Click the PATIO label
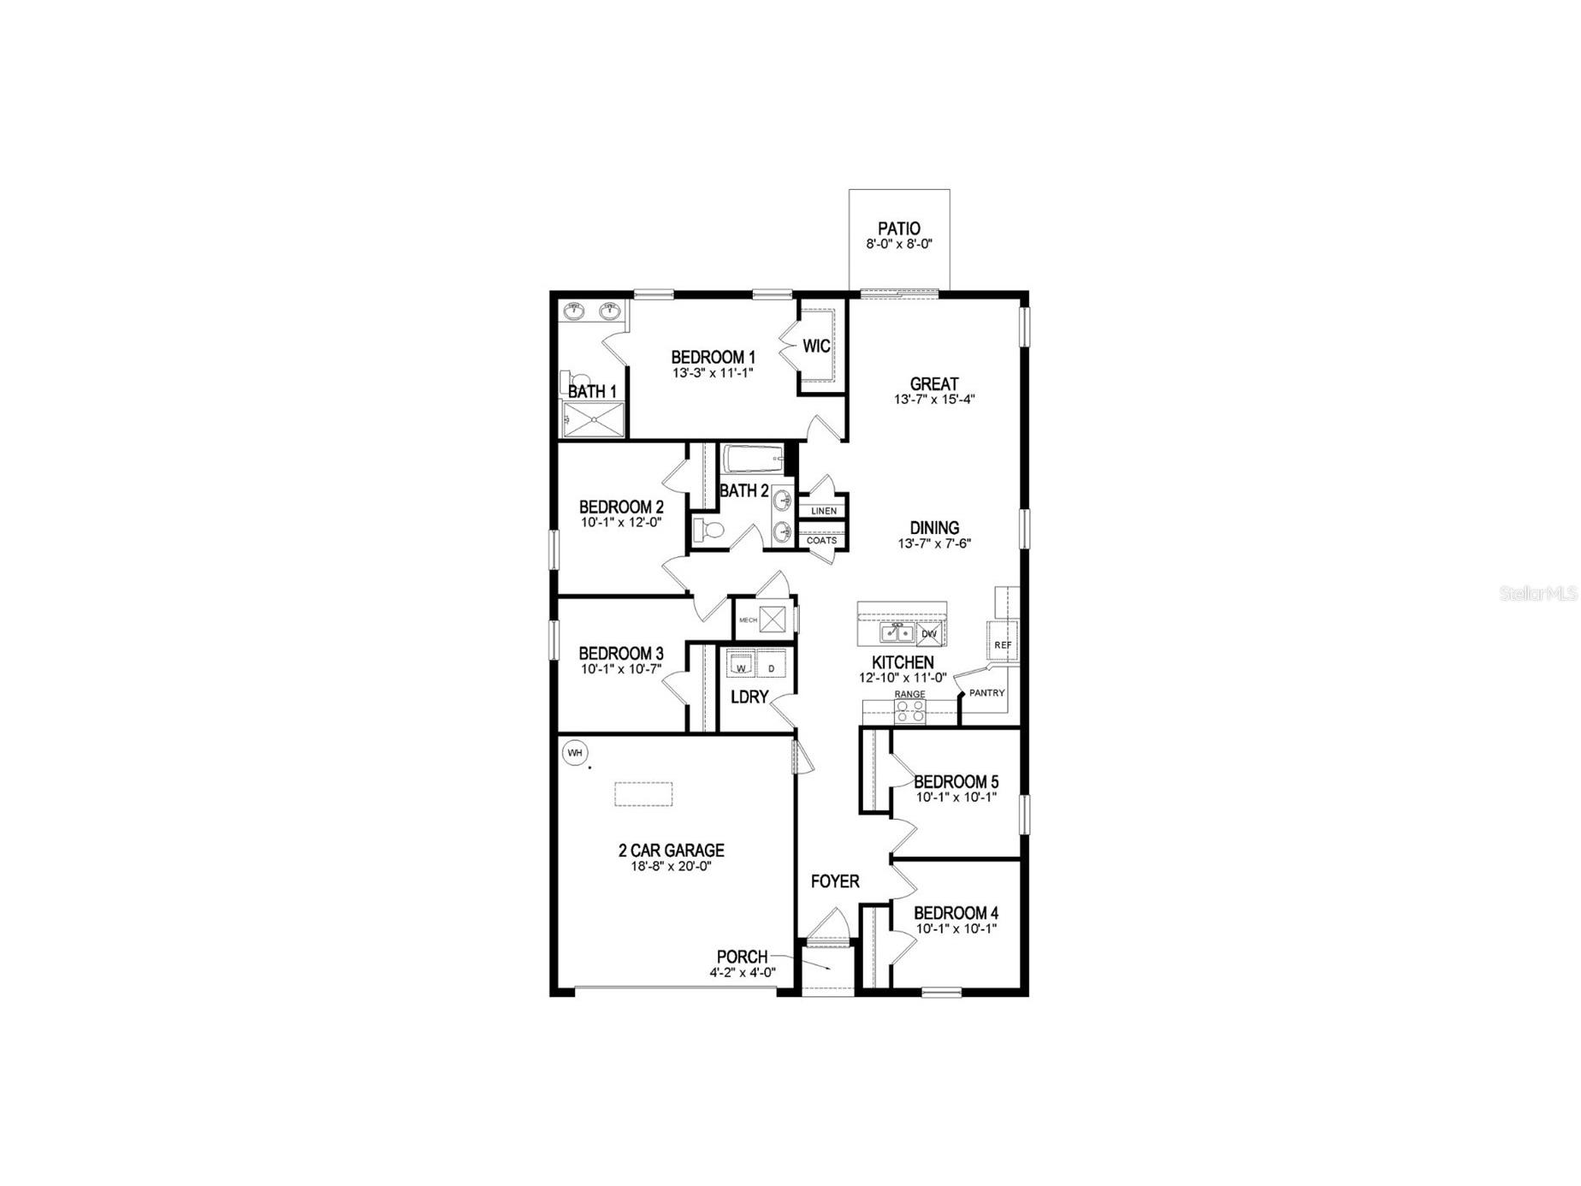tap(898, 228)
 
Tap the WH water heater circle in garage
tap(575, 753)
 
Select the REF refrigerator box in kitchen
tap(1003, 644)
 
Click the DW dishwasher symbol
tap(931, 634)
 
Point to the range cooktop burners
tap(909, 710)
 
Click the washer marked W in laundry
tap(742, 667)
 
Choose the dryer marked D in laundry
tap(771, 667)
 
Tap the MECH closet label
tap(748, 620)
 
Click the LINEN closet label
tap(823, 511)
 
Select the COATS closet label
tap(821, 541)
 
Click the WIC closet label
tap(816, 347)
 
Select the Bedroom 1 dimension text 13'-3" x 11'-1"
tap(713, 373)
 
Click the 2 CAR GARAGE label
tap(671, 851)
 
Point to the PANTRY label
tap(986, 693)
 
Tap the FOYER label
tap(834, 881)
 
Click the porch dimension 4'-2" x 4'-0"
tap(742, 973)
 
